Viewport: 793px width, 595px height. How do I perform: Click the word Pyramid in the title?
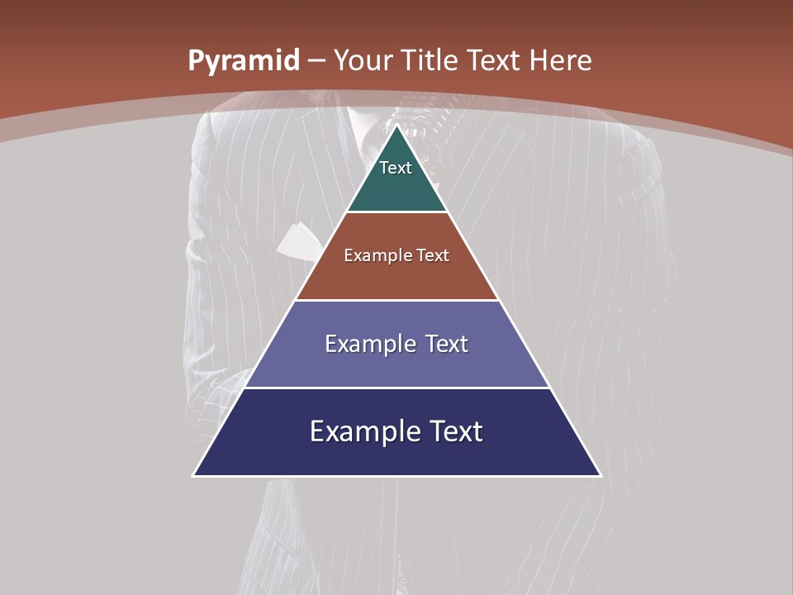[x=244, y=61]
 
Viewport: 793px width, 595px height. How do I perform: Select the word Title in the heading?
[x=430, y=60]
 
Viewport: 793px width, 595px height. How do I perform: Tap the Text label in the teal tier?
[x=396, y=168]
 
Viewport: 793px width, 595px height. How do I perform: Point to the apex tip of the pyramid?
[x=397, y=126]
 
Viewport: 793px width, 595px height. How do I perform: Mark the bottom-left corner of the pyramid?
[x=194, y=475]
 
